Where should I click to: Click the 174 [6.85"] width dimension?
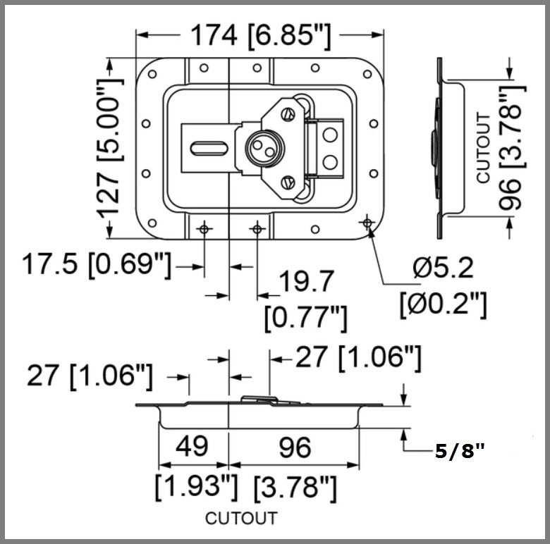tap(259, 35)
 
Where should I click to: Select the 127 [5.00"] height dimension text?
tap(109, 148)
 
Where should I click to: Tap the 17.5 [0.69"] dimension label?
tap(96, 265)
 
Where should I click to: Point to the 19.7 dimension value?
tap(305, 283)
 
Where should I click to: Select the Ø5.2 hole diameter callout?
tap(443, 268)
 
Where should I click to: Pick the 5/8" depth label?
tap(460, 452)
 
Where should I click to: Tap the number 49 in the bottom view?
tap(191, 447)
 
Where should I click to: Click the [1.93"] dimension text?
tap(194, 486)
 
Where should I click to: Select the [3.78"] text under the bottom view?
tap(295, 486)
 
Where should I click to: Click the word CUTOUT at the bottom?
tap(241, 519)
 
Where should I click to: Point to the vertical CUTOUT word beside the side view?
tap(483, 148)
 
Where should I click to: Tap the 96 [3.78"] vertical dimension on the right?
tap(513, 148)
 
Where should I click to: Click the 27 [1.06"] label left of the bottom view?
tap(90, 376)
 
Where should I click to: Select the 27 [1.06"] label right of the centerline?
tap(358, 357)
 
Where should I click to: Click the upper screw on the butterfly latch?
tap(287, 113)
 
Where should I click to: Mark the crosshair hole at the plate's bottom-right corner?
tap(366, 223)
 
